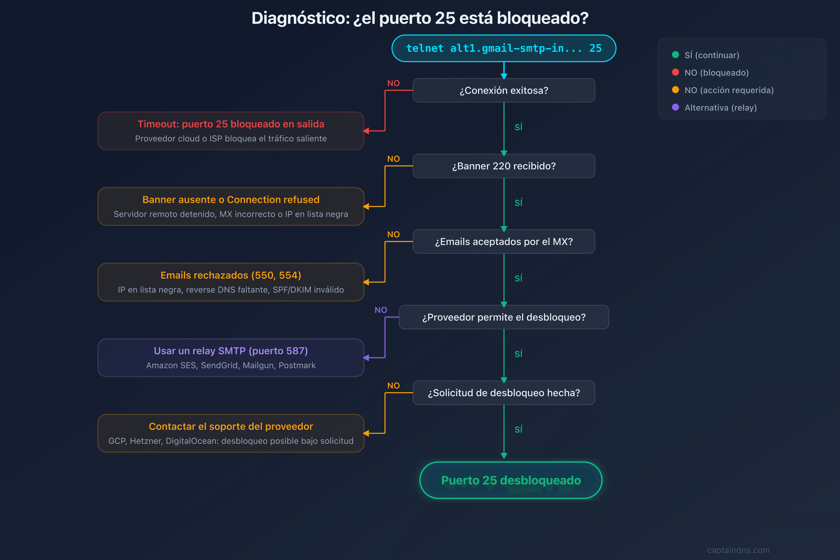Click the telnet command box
pyautogui.click(x=504, y=48)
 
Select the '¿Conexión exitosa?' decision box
pyautogui.click(x=504, y=90)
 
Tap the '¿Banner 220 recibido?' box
pyautogui.click(x=504, y=166)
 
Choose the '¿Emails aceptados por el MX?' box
pyautogui.click(x=504, y=242)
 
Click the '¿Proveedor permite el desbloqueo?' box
pyautogui.click(x=504, y=317)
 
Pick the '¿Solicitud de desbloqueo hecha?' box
pyautogui.click(x=504, y=393)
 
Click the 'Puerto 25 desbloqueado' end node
pyautogui.click(x=511, y=480)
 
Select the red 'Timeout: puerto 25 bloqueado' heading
pyautogui.click(x=231, y=124)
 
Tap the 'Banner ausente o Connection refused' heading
pyautogui.click(x=231, y=200)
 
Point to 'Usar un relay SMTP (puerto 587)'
pyautogui.click(x=231, y=351)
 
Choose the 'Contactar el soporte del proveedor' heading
pyautogui.click(x=231, y=427)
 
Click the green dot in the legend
pyautogui.click(x=675, y=55)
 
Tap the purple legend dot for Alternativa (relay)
pyautogui.click(x=675, y=107)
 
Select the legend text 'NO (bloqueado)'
pyautogui.click(x=716, y=73)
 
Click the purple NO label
pyautogui.click(x=381, y=310)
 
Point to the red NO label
pyautogui.click(x=393, y=83)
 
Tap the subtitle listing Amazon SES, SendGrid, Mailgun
pyautogui.click(x=231, y=365)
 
